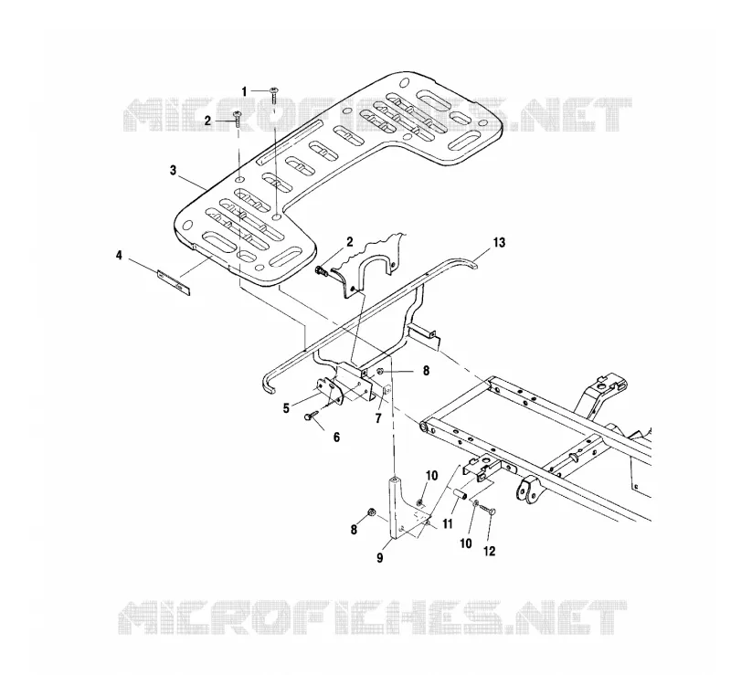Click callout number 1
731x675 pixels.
click(244, 92)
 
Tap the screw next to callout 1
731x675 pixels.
click(274, 95)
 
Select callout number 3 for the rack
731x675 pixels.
click(174, 171)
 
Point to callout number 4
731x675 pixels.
click(120, 256)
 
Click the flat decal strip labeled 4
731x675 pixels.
click(174, 282)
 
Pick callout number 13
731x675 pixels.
click(499, 242)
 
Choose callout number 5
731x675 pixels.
click(286, 408)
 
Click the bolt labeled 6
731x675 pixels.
click(312, 415)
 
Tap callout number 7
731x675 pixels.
click(378, 418)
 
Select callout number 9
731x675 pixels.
click(380, 557)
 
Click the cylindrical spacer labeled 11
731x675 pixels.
click(460, 495)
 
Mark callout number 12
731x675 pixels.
click(490, 551)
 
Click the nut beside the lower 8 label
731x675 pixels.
click(372, 512)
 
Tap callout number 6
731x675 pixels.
click(336, 438)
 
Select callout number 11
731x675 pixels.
click(448, 524)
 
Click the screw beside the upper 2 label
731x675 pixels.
click(238, 119)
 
